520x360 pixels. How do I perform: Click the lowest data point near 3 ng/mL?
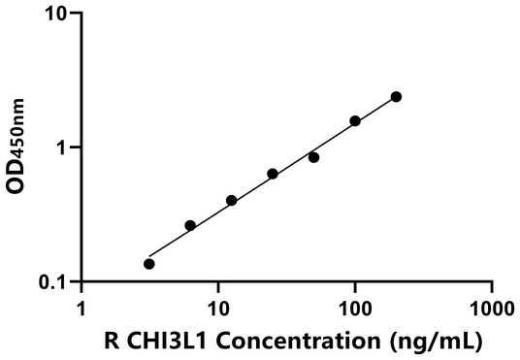[149, 264]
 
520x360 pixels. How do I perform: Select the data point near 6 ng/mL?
[190, 225]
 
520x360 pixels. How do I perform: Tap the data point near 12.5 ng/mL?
[232, 201]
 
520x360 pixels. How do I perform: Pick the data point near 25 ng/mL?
[273, 174]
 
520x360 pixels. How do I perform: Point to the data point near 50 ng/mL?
[314, 157]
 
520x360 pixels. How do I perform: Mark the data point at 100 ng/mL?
[355, 121]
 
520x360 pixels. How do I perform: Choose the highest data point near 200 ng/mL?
[396, 97]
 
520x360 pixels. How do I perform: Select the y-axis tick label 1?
[64, 147]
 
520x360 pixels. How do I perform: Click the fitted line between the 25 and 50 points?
[293, 163]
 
